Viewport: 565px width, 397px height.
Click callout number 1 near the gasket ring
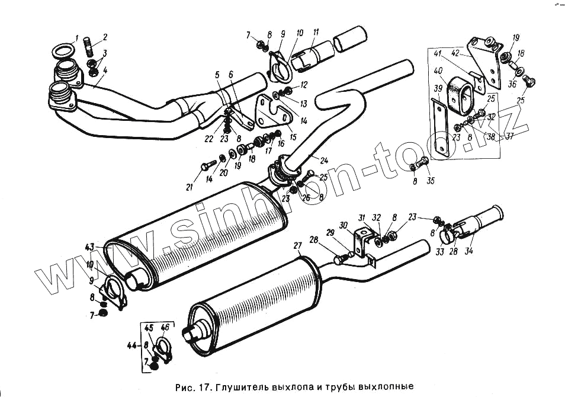pos(77,40)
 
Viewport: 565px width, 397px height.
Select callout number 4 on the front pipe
pos(105,71)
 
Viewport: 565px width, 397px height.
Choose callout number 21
pos(190,187)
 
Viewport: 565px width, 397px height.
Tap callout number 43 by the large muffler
pos(89,246)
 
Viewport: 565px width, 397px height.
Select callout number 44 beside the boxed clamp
pos(131,345)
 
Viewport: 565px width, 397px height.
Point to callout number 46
pos(165,327)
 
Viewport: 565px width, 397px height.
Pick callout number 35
pos(431,181)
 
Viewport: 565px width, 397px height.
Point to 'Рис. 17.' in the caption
pos(193,387)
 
